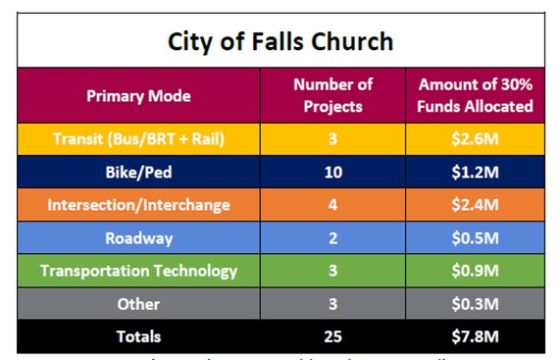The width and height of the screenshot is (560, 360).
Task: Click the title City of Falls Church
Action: [280, 41]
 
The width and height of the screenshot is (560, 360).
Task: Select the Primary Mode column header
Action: [138, 96]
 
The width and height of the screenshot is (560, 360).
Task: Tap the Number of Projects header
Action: [333, 95]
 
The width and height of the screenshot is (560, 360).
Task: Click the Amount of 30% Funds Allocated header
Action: [476, 95]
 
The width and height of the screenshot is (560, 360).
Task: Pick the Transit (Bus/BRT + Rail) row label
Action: [138, 139]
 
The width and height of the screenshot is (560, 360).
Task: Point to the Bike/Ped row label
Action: [138, 173]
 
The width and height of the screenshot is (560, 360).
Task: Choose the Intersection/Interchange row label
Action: [138, 205]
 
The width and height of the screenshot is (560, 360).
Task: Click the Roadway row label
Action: [138, 238]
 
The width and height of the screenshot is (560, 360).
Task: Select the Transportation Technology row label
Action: [138, 271]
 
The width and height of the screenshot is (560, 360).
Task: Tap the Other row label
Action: [138, 304]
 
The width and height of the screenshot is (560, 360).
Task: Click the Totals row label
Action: [138, 336]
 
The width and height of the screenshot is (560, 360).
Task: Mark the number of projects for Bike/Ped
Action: [333, 173]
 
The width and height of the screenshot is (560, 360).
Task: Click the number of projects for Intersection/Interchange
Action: [333, 205]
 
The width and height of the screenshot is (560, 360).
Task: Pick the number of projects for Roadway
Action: [333, 238]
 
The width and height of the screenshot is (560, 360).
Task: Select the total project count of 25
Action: [333, 336]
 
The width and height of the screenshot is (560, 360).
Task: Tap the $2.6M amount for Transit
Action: [476, 139]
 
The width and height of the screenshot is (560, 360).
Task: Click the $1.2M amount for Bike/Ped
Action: [476, 173]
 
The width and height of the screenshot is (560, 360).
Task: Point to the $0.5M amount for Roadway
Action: [476, 238]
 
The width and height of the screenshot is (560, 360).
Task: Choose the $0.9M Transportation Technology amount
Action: [476, 271]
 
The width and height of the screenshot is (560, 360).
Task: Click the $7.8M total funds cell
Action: [476, 336]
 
